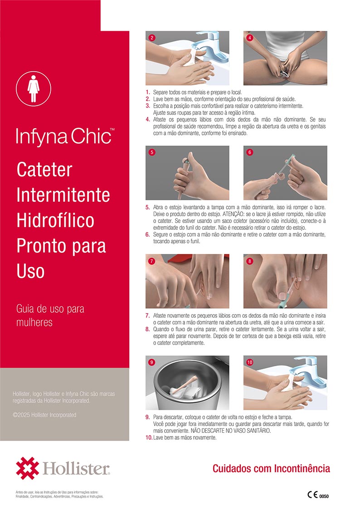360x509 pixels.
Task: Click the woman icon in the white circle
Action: tap(34, 89)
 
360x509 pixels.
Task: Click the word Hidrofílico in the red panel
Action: tap(55, 220)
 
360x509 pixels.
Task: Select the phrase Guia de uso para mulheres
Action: tap(50, 315)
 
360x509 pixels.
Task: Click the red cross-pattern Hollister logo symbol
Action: tap(27, 468)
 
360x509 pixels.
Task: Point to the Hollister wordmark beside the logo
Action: tap(76, 468)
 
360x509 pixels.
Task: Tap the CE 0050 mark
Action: tap(318, 495)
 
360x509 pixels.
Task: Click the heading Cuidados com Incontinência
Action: tap(271, 468)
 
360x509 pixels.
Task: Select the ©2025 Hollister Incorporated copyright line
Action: tap(44, 415)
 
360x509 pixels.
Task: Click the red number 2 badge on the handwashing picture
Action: tap(151, 38)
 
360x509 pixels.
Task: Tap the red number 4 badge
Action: tap(250, 38)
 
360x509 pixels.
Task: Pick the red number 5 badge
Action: tap(151, 152)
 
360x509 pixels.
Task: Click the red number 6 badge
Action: tap(250, 152)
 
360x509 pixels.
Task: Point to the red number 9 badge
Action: tap(151, 362)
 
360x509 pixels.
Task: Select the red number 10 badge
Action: tap(250, 362)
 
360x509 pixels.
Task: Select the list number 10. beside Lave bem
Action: tap(149, 437)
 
